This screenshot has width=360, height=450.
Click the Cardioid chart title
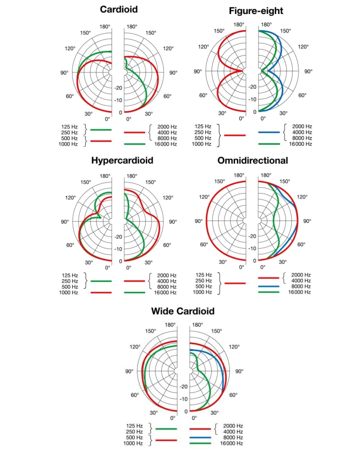(118, 9)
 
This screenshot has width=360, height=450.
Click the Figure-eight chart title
(256, 11)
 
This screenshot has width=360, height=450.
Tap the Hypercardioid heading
(122, 161)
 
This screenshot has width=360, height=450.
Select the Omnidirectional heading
(253, 161)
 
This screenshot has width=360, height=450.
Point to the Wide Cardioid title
(183, 311)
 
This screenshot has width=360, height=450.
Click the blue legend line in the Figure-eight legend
(269, 132)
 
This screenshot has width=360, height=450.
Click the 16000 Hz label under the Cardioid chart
(166, 144)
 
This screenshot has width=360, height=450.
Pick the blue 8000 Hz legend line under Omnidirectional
(269, 286)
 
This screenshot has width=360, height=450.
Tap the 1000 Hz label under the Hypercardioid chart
(69, 292)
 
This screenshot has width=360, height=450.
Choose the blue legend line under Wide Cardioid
(200, 437)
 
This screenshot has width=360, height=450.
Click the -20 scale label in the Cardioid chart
(118, 88)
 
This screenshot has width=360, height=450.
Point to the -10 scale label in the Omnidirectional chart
(252, 249)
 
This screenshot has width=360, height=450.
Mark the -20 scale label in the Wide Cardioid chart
(184, 387)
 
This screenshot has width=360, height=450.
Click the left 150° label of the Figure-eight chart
(219, 31)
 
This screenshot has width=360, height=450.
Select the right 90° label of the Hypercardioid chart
(173, 222)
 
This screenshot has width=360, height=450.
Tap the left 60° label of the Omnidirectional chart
(204, 244)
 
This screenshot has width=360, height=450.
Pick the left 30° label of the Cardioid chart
(89, 114)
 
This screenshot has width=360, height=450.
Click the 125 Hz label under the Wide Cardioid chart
(135, 426)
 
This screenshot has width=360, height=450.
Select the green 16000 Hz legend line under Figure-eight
(269, 144)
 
